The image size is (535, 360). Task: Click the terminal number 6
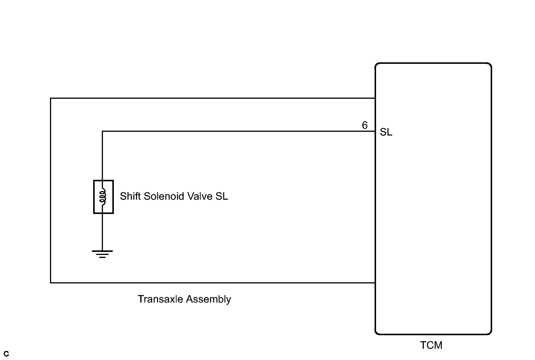tap(365, 125)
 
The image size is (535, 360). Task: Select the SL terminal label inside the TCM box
tap(386, 132)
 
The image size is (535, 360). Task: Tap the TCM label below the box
tap(431, 345)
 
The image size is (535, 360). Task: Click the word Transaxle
tap(160, 299)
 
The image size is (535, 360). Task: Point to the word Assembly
tap(209, 300)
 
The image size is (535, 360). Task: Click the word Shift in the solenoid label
tap(130, 196)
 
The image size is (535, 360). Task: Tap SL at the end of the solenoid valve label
tap(222, 196)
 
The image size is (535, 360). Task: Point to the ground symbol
tap(102, 254)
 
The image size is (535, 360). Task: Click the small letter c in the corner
tap(6, 354)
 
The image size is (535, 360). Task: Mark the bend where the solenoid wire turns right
tap(103, 131)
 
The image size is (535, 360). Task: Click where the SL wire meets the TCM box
tap(375, 131)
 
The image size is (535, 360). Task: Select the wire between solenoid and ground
tap(103, 232)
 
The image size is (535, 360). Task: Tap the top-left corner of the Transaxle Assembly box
tap(51, 98)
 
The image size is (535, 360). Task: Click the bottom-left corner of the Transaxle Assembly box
tap(51, 283)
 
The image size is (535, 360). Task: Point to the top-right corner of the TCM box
tap(491, 63)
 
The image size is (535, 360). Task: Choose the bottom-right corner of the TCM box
tap(491, 334)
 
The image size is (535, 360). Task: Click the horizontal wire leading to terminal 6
tap(239, 131)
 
